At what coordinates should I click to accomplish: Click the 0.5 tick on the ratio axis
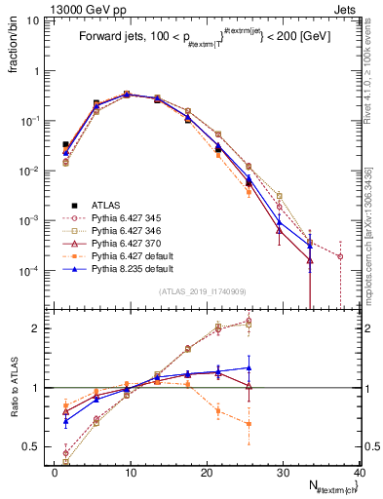[x=36, y=447]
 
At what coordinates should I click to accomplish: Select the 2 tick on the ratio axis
[x=39, y=328]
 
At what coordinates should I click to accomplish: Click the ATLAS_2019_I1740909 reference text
[x=203, y=292]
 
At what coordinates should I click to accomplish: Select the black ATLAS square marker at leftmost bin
[x=65, y=144]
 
